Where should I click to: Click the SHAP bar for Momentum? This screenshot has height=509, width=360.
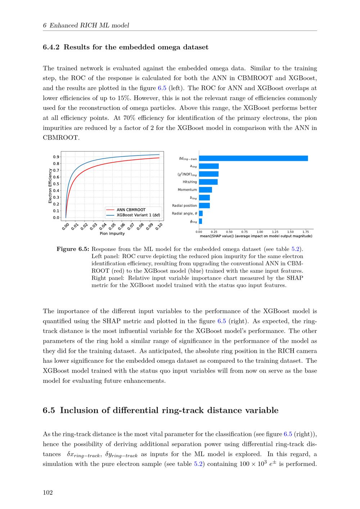point(205,190)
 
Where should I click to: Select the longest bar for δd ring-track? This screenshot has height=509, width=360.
point(253,158)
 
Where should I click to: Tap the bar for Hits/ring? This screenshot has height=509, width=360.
point(208,182)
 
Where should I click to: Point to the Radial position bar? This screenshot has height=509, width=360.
point(204,206)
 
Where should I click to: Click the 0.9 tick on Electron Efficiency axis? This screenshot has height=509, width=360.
point(56,157)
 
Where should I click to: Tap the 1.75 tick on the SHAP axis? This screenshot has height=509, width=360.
point(306,232)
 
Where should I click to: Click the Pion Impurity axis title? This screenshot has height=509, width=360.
point(112,234)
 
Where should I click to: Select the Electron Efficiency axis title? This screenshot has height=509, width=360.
point(50,186)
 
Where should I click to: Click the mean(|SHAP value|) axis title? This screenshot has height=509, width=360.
point(256,236)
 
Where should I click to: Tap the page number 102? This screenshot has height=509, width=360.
point(48,492)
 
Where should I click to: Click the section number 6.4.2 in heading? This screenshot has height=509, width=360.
point(51,47)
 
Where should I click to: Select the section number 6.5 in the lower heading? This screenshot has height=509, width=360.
point(49,410)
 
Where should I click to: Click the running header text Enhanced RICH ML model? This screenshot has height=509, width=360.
point(89,25)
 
